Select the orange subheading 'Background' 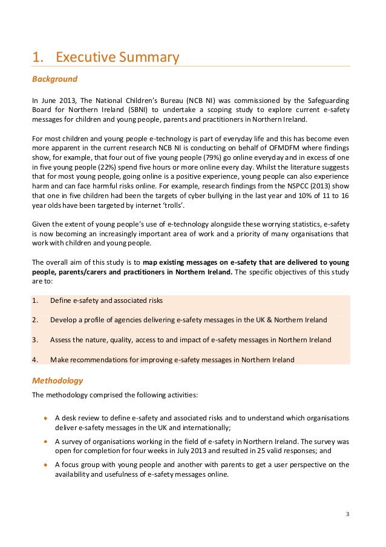point(54,79)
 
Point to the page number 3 point(347,514)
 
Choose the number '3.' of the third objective point(34,340)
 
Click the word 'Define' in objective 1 point(61,300)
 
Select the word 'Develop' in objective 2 point(64,320)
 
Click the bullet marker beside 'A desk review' point(46,418)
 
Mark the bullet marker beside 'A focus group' point(46,465)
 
